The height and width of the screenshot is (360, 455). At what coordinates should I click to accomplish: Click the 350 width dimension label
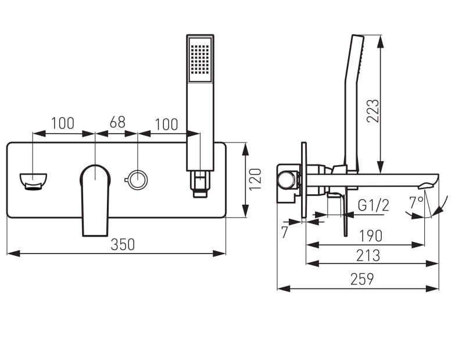point(123,244)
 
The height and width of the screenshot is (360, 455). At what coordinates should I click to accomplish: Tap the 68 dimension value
point(117,123)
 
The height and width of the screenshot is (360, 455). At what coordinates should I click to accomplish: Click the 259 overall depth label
point(361,279)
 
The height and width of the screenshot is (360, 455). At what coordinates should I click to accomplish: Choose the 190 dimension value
point(370,236)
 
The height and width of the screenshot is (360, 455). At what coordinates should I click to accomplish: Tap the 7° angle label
point(416,203)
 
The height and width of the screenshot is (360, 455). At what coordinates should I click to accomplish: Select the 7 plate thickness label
point(285,231)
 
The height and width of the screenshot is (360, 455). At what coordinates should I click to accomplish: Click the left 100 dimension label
point(62,123)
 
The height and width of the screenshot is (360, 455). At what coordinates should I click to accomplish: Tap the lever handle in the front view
point(95,198)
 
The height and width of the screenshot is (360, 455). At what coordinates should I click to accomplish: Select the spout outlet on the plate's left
point(33,181)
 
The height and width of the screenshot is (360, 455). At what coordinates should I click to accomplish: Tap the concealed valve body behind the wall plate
point(288,181)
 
